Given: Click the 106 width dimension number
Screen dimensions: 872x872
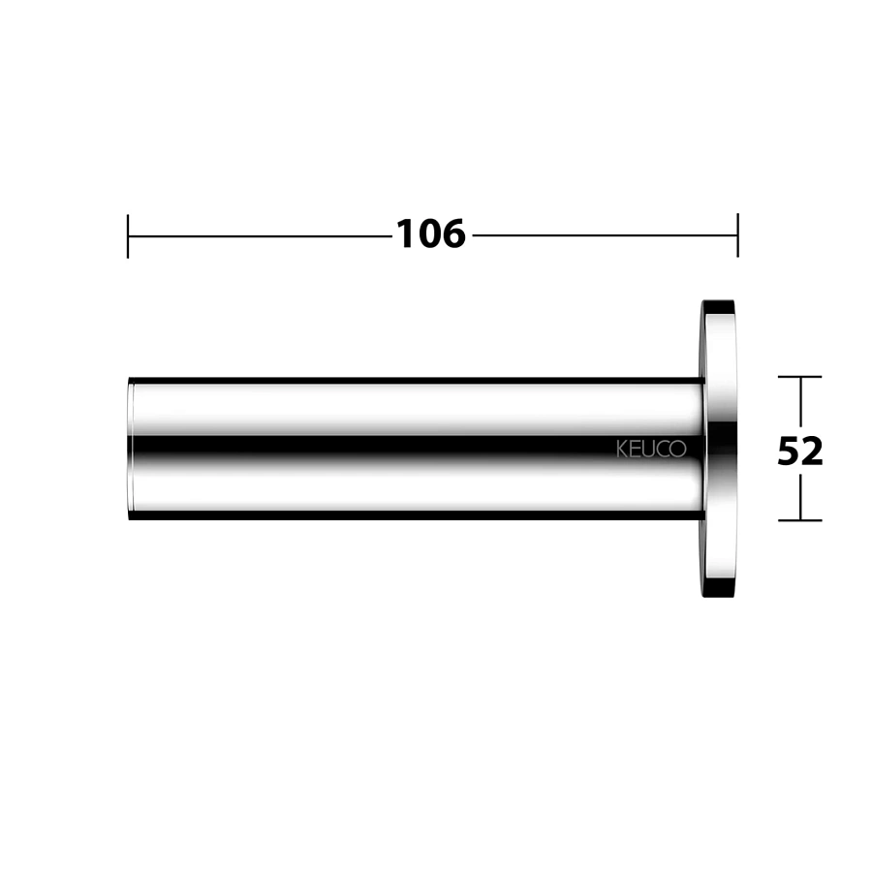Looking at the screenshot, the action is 431,234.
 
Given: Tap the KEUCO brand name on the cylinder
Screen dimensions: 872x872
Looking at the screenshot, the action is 651,450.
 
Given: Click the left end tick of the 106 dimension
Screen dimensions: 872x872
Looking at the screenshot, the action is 128,235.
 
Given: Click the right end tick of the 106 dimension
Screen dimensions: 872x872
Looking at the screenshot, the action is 738,234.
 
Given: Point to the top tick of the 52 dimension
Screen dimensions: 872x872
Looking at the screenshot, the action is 799,377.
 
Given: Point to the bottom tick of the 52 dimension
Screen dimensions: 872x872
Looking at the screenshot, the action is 799,520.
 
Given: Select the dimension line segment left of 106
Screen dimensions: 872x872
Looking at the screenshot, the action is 261,235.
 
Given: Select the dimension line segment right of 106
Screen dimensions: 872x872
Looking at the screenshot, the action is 605,235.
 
